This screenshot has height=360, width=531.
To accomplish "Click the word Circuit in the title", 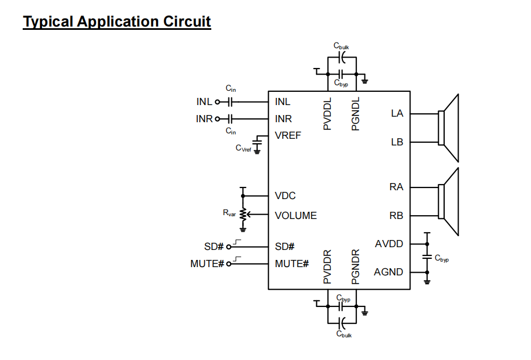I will point(186,22).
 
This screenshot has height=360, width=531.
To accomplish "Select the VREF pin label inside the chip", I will point(288,135).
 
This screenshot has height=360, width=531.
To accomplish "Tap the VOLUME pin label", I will point(295,216).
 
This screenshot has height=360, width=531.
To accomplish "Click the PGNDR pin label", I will point(356,267).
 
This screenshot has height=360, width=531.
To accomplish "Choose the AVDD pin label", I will point(389,244).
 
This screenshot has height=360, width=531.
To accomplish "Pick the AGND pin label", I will point(388,272).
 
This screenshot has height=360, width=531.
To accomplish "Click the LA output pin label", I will point(397,113).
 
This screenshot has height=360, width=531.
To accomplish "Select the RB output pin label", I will point(396,216).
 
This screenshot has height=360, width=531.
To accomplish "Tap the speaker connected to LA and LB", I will point(449,128).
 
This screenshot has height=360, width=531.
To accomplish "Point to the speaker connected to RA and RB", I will point(449,201).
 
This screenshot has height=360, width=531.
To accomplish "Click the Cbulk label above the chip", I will point(341,47).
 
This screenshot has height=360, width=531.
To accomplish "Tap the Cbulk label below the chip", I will point(343,334).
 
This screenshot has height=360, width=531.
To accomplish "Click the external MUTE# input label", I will point(207,264).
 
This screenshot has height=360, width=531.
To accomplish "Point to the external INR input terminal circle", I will point(217,119).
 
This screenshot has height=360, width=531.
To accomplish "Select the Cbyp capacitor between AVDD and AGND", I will point(426,257).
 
